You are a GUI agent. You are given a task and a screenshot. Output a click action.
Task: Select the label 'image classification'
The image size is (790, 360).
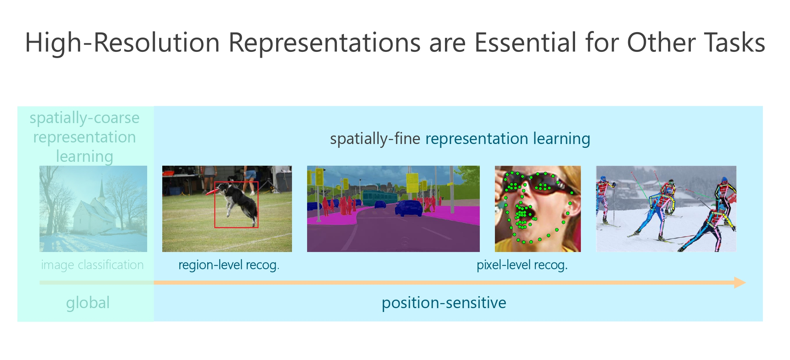point(92,265)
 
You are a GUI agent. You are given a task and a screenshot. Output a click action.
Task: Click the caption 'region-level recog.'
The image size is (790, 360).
point(228,265)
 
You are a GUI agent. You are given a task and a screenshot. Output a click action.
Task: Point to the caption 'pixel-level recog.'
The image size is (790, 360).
point(522,265)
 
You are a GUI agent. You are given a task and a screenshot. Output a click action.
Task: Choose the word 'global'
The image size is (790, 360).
point(88,303)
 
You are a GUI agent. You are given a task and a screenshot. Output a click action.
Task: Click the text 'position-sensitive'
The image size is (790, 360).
point(444,303)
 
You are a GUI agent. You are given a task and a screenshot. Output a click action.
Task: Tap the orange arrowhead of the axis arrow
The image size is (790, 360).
point(740,283)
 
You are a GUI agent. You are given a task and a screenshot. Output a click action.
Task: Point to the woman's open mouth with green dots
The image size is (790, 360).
point(523,217)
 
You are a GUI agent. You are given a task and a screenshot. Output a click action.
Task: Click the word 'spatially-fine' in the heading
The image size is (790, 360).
point(374,139)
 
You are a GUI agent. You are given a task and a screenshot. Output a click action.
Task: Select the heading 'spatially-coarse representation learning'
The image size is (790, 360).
point(84,137)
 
